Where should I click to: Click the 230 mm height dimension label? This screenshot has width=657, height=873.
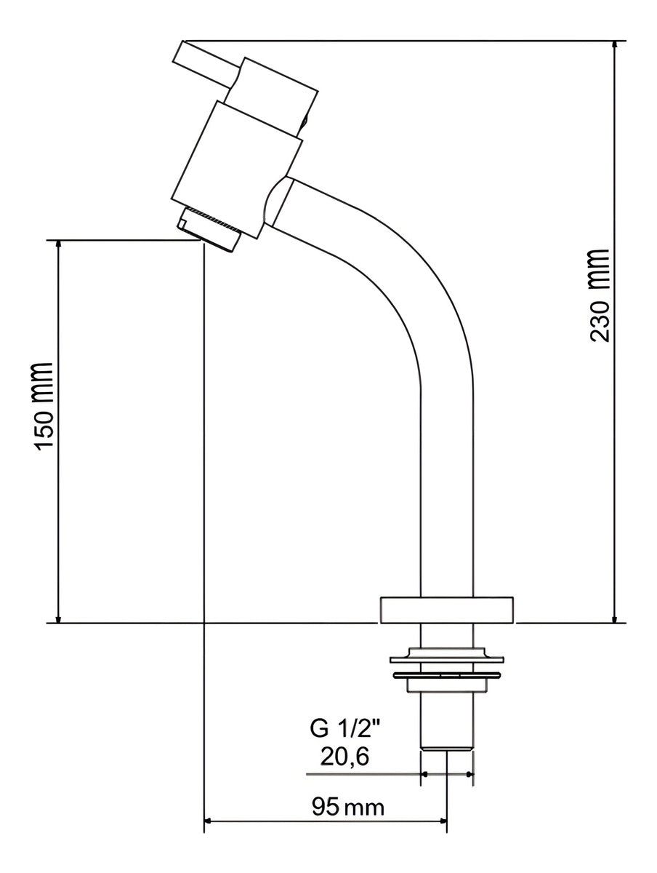pos(599,295)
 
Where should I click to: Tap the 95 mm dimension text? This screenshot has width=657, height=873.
pos(347,804)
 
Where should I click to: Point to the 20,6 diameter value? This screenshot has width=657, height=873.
pos(344,756)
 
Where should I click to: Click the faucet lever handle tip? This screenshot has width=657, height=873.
pos(178,50)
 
